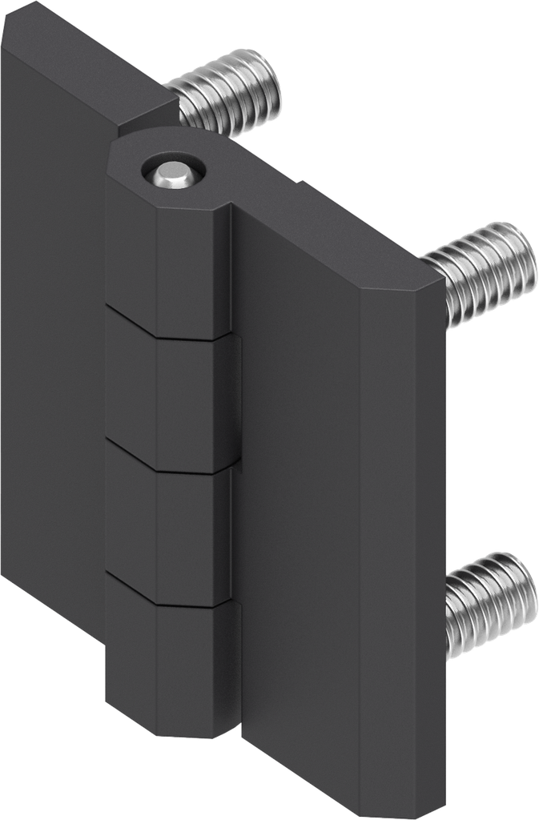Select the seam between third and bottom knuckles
[x=172, y=599]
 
